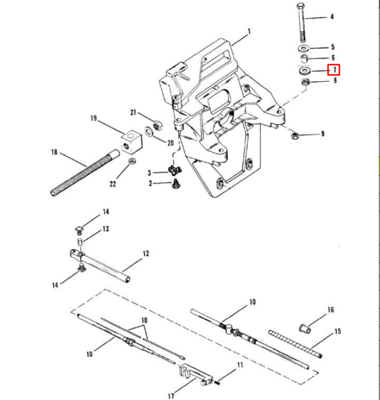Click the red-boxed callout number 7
click(334, 69)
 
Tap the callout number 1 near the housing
click(249, 31)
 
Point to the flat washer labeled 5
click(305, 48)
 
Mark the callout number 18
click(53, 153)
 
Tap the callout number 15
click(337, 331)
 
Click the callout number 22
click(112, 184)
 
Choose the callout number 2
click(151, 183)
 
